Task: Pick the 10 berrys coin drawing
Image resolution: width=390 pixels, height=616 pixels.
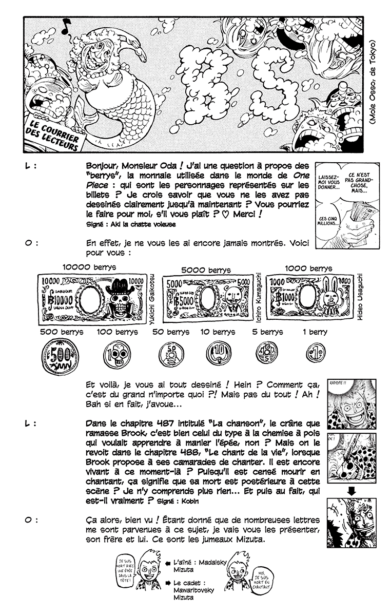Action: (218, 354)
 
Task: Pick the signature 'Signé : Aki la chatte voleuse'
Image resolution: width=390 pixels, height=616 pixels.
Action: (131, 224)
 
